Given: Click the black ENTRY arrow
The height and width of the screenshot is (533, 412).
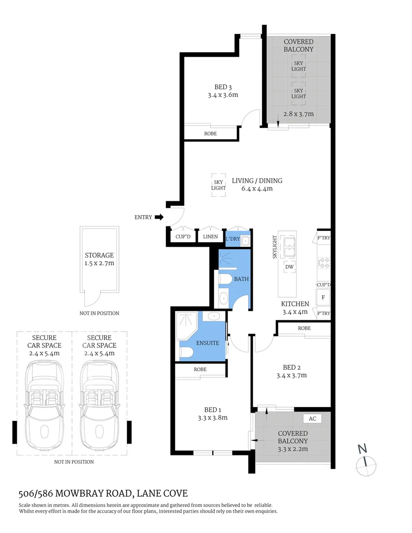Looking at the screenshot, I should point(159,217).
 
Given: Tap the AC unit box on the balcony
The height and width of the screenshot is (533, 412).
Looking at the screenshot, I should point(312,419).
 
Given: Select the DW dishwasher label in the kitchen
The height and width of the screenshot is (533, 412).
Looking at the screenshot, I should point(290,266).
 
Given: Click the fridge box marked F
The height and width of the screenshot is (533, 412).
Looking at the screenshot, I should point(323,298).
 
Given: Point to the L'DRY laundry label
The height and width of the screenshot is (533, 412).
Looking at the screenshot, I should point(233,239).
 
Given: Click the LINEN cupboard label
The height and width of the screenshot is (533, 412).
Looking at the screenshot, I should point(210,237).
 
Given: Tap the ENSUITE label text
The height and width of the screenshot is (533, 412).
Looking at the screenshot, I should point(207,343).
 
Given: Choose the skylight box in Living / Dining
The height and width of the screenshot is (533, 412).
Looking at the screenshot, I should point(219,185).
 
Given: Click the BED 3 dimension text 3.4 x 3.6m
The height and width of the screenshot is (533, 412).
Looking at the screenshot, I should point(223,95).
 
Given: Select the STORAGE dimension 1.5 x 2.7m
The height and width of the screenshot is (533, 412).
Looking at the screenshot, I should point(99,264).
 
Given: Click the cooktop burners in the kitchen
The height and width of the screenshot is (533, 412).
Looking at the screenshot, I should point(324,263).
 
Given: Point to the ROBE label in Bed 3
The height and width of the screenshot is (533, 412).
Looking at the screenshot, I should point(210,134).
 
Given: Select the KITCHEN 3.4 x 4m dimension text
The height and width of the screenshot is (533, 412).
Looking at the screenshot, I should point(295,311).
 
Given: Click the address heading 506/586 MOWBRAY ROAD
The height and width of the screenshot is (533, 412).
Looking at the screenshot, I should point(103,493).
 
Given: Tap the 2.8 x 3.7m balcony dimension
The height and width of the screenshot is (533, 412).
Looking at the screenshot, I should point(299,114).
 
